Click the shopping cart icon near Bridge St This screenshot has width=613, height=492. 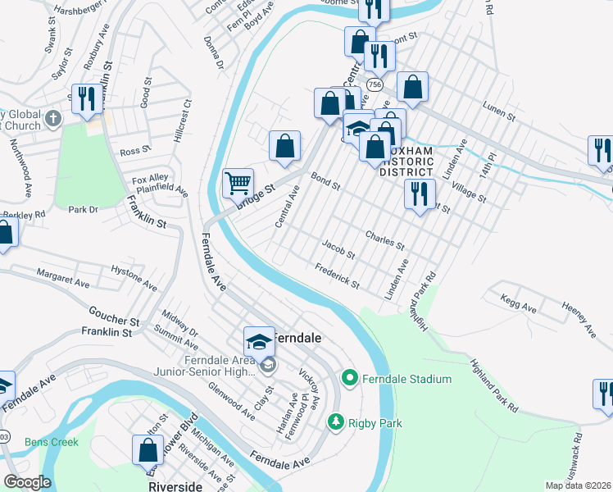point(238,182)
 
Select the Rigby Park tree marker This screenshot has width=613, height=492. point(335,422)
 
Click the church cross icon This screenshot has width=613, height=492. point(52,117)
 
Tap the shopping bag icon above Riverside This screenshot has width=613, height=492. point(148,449)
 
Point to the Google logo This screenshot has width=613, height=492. point(27,482)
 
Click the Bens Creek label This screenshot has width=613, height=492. point(51,442)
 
